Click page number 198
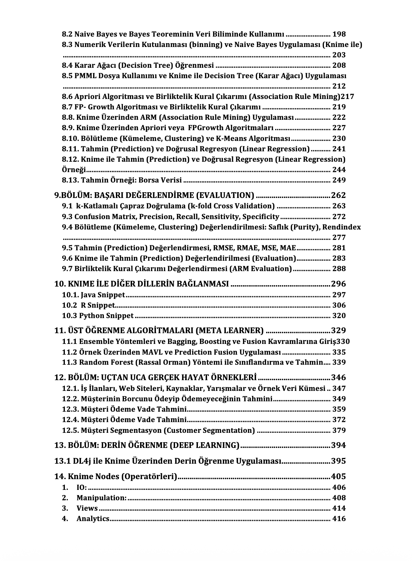pyautogui.click(x=339, y=34)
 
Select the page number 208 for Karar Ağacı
pyautogui.click(x=339, y=65)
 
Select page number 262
pyautogui.click(x=338, y=195)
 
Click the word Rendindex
pyautogui.click(x=341, y=227)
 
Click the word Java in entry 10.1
pyautogui.click(x=88, y=295)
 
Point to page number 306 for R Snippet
pyautogui.click(x=339, y=305)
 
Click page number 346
pyautogui.click(x=338, y=377)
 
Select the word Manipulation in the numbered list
pyautogui.click(x=101, y=498)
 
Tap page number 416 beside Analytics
pyautogui.click(x=339, y=519)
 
